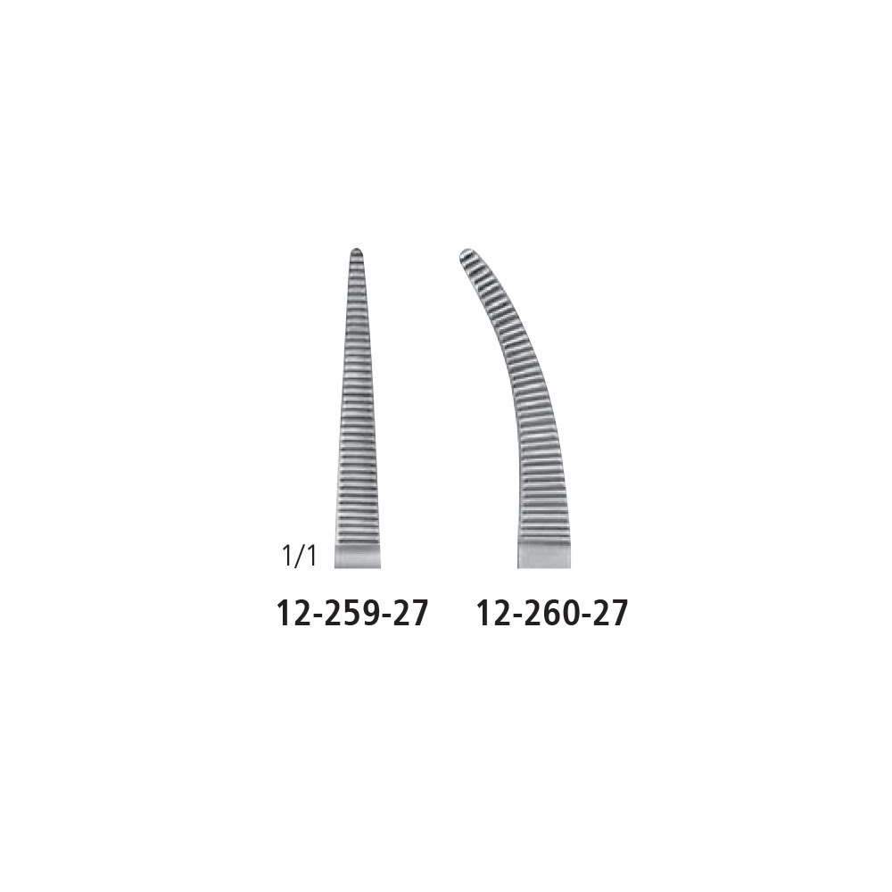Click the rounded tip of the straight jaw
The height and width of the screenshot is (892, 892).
coord(357,251)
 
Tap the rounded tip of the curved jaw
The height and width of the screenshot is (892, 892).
coord(466,252)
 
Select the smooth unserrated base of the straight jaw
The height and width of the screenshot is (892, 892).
coord(358,557)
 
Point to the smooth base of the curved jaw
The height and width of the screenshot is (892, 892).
coord(543,556)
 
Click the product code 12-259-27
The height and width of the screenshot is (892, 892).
coord(351,614)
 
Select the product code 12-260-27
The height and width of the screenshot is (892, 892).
coord(552,614)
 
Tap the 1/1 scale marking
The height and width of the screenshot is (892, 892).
coord(299,557)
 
